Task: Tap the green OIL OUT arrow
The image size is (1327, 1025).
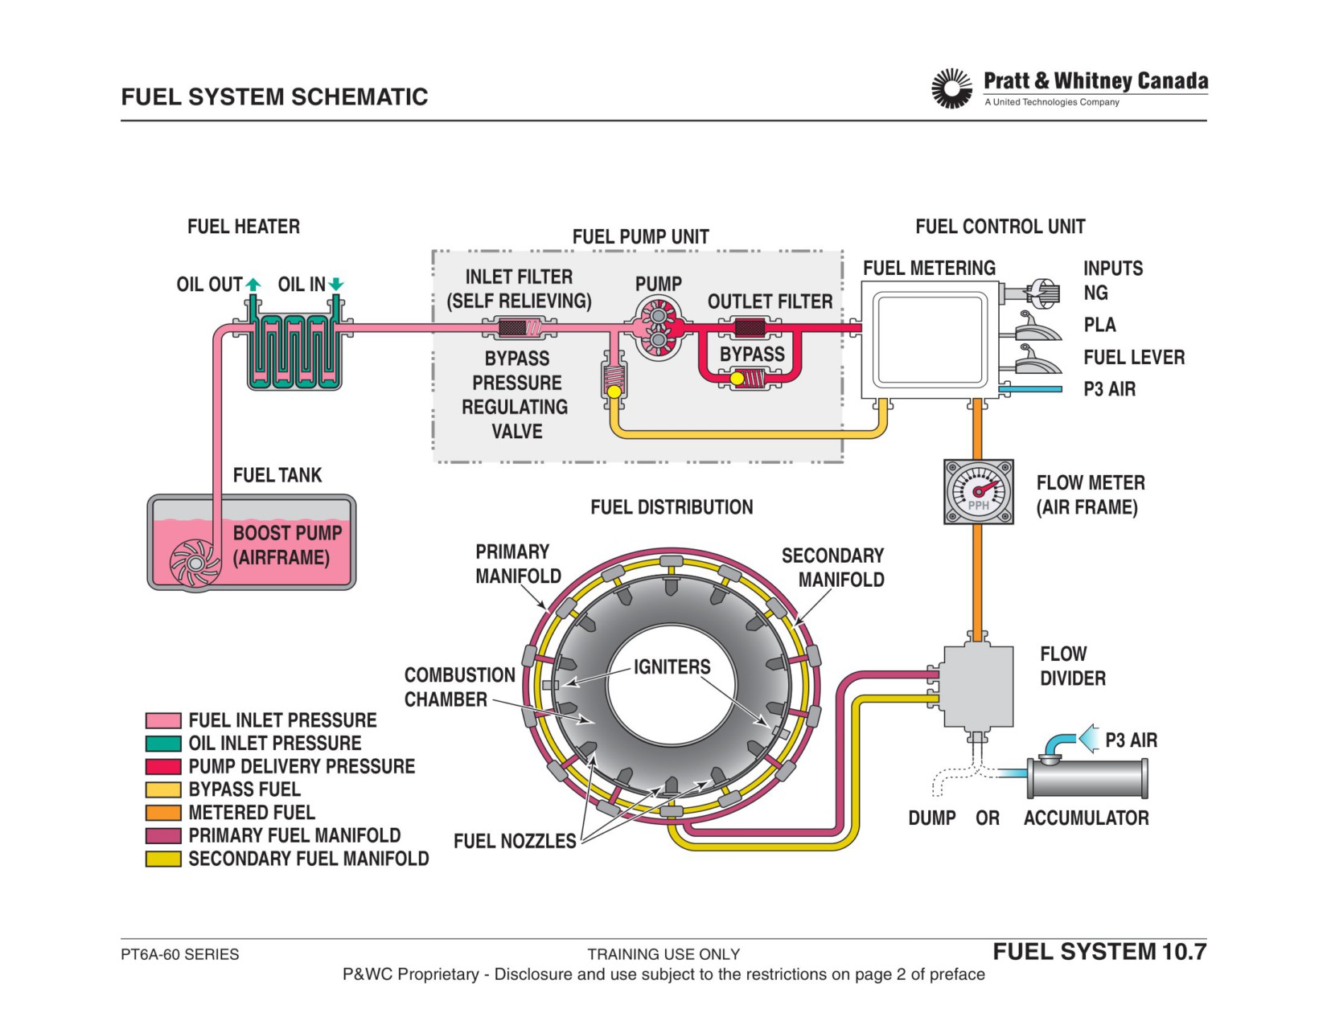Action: pos(253,284)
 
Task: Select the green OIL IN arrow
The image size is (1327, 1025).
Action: pos(336,284)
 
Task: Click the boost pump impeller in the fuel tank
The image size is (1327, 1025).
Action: pos(195,564)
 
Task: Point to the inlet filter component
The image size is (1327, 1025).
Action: pos(520,328)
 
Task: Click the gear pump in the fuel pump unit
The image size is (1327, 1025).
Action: pos(659,328)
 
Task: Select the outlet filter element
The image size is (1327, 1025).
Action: pos(750,328)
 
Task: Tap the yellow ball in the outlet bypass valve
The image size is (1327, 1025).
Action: pos(737,379)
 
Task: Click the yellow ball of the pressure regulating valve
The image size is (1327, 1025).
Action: pos(614,392)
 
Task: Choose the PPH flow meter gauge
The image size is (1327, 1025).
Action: pos(978,491)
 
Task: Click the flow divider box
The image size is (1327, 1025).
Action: pos(978,687)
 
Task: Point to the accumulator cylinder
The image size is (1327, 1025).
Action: pos(1087,777)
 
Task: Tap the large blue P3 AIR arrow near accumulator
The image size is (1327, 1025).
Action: pos(1088,739)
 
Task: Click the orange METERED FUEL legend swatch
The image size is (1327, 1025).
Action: pos(163,813)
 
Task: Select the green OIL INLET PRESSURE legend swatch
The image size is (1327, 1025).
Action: pos(163,744)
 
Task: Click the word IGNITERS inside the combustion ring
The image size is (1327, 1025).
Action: pos(672,666)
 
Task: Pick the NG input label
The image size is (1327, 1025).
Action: pos(1095,293)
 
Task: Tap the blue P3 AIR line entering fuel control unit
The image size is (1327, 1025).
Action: pos(1031,389)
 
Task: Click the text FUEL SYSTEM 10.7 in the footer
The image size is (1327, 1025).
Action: pos(1099,951)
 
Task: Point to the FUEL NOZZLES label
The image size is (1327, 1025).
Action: pos(515,841)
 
